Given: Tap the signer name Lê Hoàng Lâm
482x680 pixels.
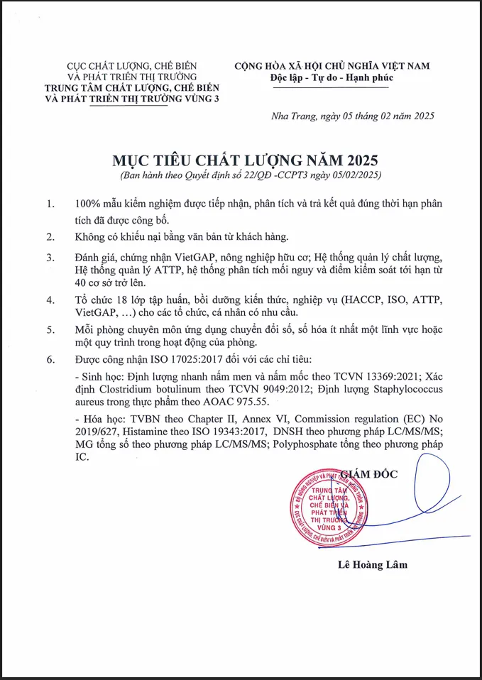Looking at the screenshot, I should [x=373, y=565].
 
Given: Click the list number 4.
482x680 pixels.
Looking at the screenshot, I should [x=50, y=300].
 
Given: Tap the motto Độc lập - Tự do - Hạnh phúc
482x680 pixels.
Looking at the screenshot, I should [x=332, y=78].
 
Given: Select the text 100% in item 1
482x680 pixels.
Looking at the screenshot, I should [x=90, y=204].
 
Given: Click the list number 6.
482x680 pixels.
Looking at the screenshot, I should [x=50, y=360].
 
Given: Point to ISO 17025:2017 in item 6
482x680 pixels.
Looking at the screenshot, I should [x=175, y=360].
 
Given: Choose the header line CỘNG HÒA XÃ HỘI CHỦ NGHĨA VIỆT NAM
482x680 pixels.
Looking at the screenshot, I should [x=332, y=66].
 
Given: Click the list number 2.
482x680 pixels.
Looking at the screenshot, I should [x=50, y=236].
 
